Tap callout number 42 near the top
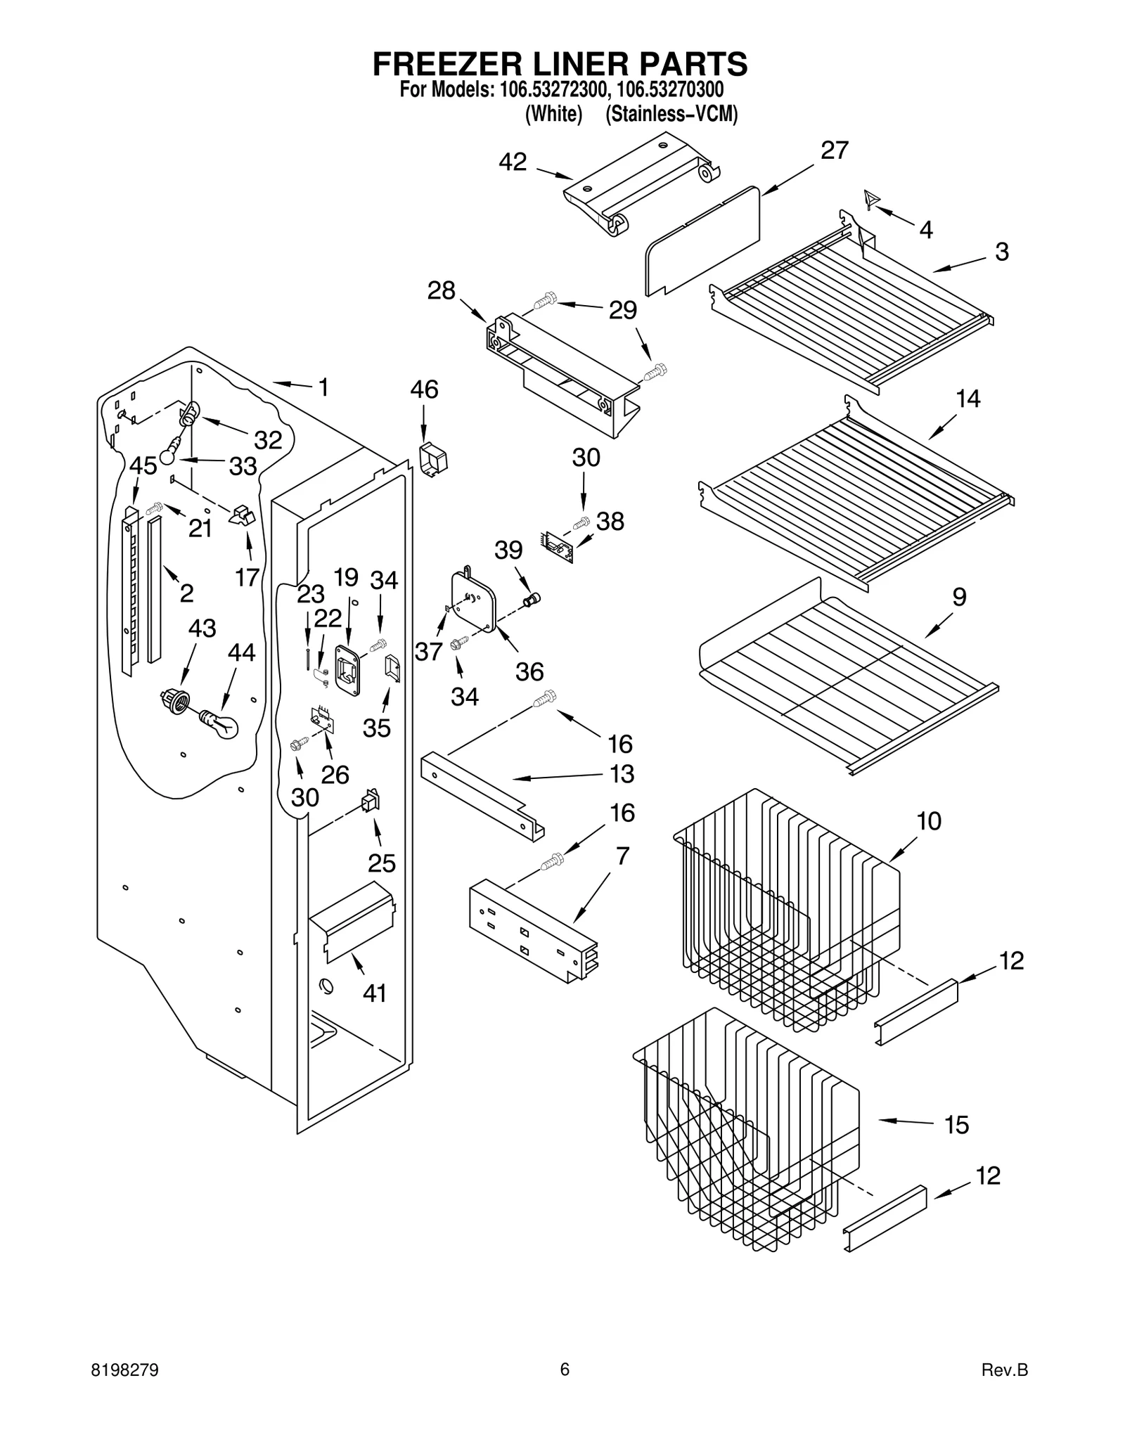[513, 162]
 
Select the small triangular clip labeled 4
[872, 200]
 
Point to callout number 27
[835, 150]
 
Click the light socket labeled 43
[175, 700]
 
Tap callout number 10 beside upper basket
[929, 820]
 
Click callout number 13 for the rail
[622, 773]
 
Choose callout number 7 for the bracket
[622, 856]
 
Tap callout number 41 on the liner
[374, 993]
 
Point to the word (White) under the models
[554, 114]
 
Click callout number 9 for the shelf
[959, 597]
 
